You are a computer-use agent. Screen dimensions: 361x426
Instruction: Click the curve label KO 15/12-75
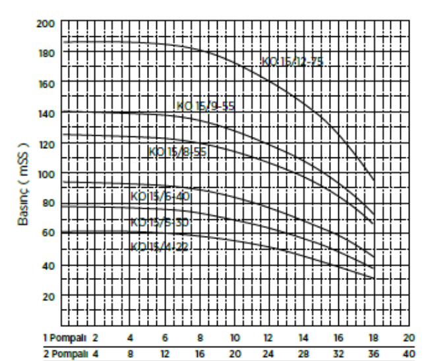click(292, 62)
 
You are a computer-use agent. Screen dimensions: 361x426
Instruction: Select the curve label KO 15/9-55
click(205, 106)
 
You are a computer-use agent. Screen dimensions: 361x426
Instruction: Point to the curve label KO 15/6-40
click(161, 196)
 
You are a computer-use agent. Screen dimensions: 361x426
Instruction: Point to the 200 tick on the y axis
click(45, 23)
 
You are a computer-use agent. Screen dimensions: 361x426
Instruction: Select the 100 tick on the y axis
click(45, 174)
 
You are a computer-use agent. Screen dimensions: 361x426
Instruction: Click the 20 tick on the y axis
click(47, 296)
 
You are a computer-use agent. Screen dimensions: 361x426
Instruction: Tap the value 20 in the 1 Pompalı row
click(409, 337)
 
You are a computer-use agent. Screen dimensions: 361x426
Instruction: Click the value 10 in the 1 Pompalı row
click(234, 337)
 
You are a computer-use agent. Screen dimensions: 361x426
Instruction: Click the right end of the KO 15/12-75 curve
click(374, 179)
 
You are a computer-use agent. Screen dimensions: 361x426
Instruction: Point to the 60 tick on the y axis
click(47, 235)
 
